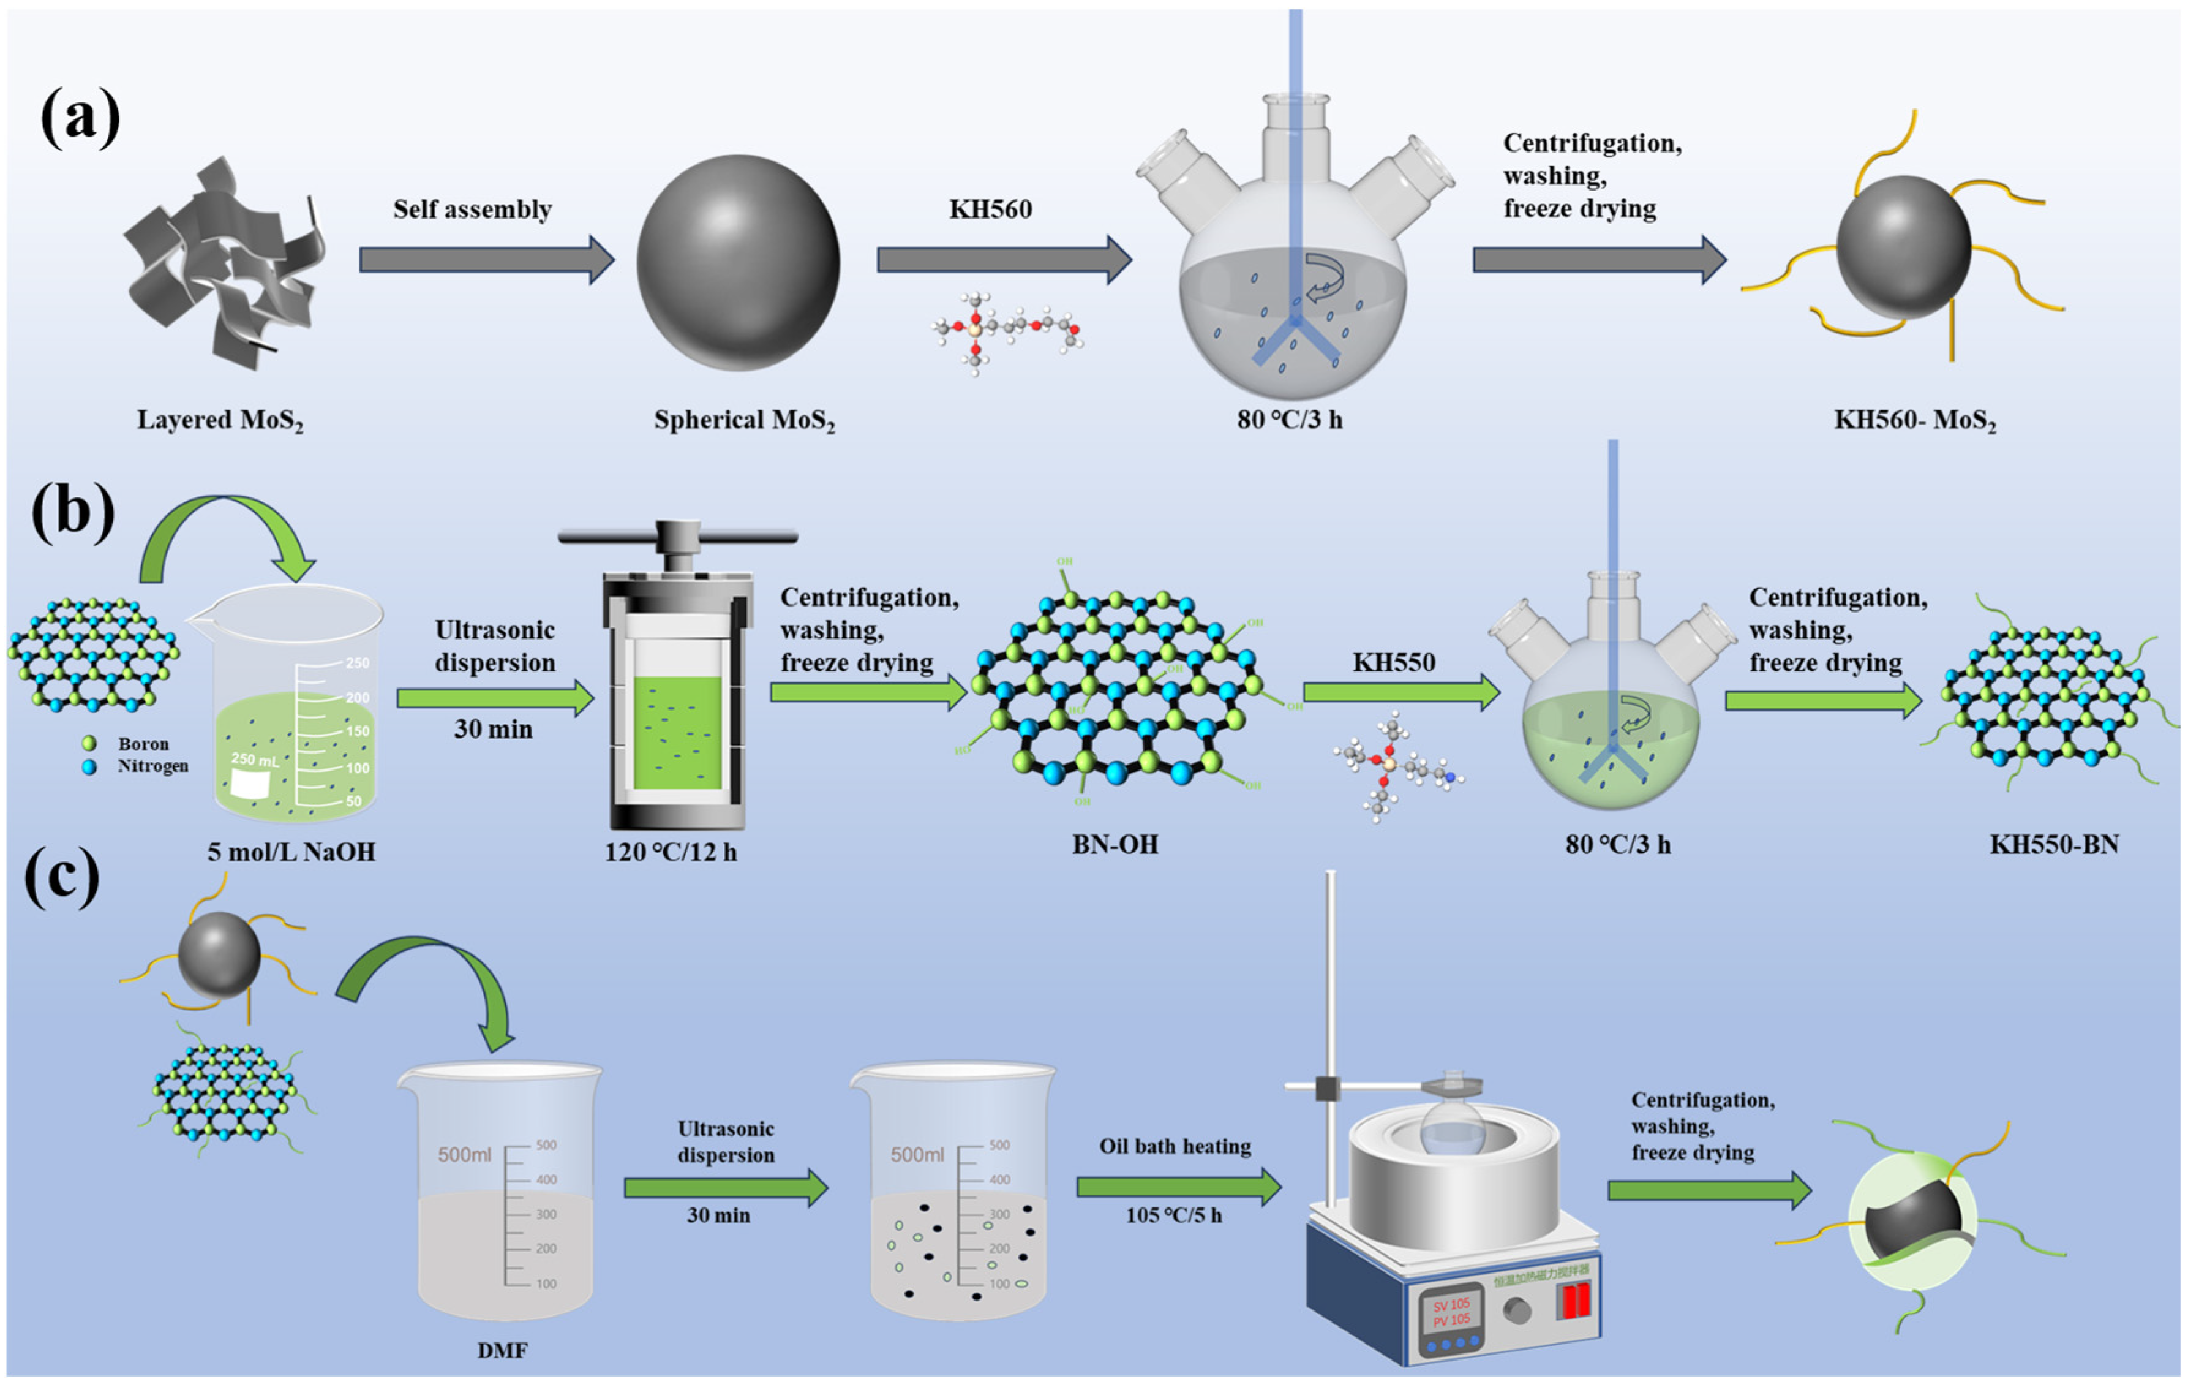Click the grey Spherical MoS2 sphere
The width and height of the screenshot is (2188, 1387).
pos(738,263)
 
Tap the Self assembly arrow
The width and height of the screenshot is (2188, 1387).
pos(486,260)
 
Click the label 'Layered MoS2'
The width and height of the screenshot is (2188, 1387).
pos(220,420)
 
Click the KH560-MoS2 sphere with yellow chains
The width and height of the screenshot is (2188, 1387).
pos(1904,248)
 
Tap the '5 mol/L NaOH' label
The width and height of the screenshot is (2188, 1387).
pos(291,852)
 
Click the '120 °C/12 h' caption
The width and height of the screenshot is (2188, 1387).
pos(671,852)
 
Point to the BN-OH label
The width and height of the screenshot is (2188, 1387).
pos(1115,844)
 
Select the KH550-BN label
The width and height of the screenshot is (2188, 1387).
pos(2053,844)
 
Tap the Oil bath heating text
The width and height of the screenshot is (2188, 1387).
pos(1175,1146)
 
